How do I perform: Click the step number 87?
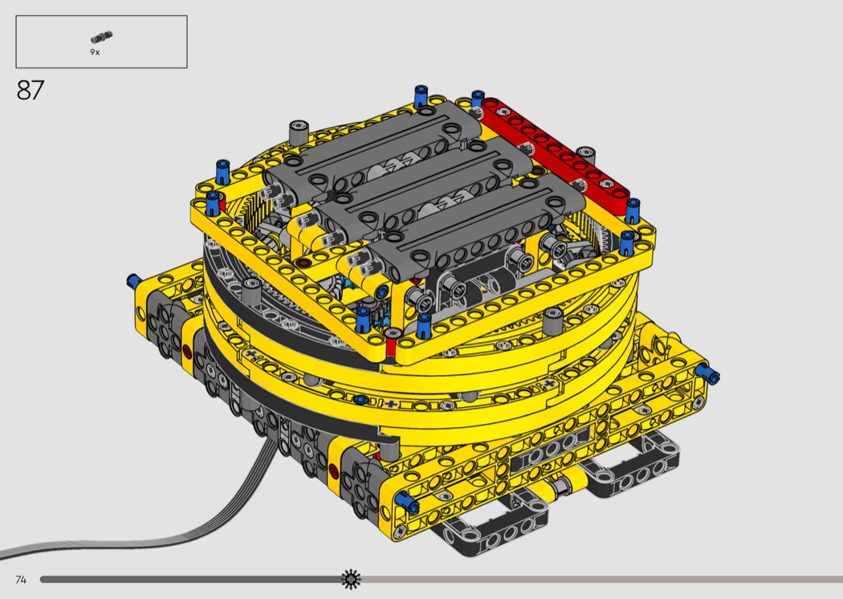point(31,91)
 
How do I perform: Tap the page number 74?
point(21,579)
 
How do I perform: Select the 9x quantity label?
point(95,52)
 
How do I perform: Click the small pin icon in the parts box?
point(102,37)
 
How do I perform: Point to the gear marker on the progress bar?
point(351,579)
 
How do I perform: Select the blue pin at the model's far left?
point(133,280)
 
